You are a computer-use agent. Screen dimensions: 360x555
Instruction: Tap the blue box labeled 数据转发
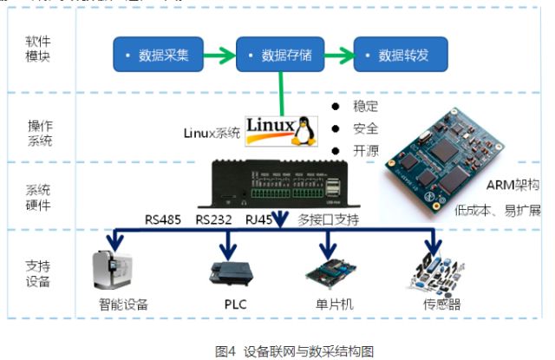click(402, 56)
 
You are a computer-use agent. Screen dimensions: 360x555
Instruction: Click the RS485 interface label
click(163, 220)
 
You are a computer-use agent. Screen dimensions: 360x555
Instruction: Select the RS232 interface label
click(213, 220)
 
